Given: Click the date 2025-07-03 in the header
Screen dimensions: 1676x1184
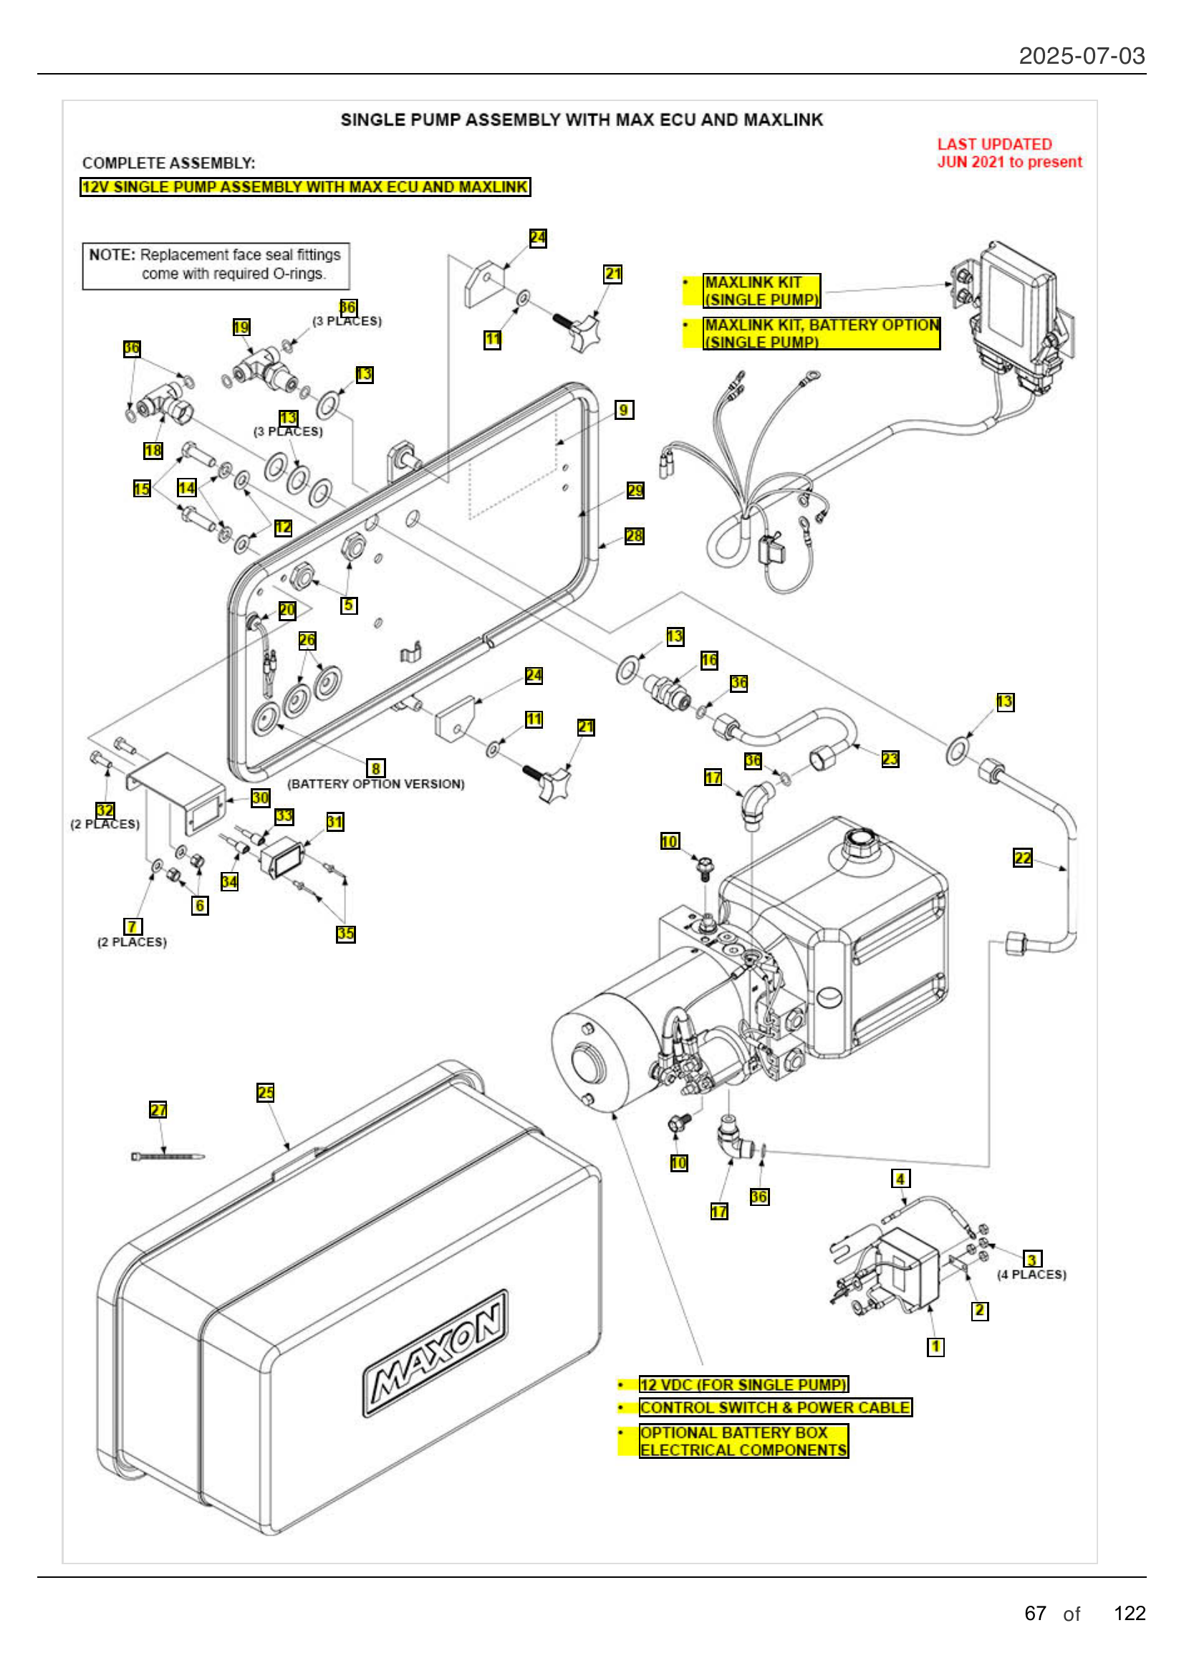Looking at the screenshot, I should (x=1081, y=56).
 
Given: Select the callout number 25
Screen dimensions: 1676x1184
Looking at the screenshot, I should (x=266, y=1093).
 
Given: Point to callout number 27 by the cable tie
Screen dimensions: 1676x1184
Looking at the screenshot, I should (x=158, y=1109).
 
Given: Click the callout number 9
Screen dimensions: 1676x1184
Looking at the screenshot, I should (x=624, y=411).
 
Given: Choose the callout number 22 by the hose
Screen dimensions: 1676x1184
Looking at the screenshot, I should (x=1023, y=858).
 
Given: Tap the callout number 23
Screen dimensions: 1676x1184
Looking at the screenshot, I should (x=890, y=759).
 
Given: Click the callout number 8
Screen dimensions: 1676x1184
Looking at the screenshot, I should (x=376, y=769).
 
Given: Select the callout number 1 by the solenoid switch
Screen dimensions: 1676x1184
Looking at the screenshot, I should (x=935, y=1347).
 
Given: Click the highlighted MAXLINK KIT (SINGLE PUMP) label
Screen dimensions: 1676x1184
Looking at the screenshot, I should (x=761, y=291).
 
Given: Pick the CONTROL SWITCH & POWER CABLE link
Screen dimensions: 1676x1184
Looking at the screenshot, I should (x=775, y=1407).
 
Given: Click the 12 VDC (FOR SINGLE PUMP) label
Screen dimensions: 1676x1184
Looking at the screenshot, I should (x=743, y=1385).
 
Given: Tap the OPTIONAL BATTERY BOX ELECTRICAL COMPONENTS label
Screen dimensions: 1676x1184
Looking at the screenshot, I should (x=743, y=1442).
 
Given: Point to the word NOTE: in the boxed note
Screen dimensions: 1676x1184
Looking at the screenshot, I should (x=112, y=255).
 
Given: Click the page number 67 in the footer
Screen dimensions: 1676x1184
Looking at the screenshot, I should (x=1035, y=1613).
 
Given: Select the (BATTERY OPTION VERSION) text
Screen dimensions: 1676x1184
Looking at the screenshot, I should (x=376, y=784).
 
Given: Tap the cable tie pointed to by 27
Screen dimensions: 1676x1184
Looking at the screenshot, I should (x=168, y=1157).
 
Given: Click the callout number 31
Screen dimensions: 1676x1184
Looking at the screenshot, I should (x=334, y=822).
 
